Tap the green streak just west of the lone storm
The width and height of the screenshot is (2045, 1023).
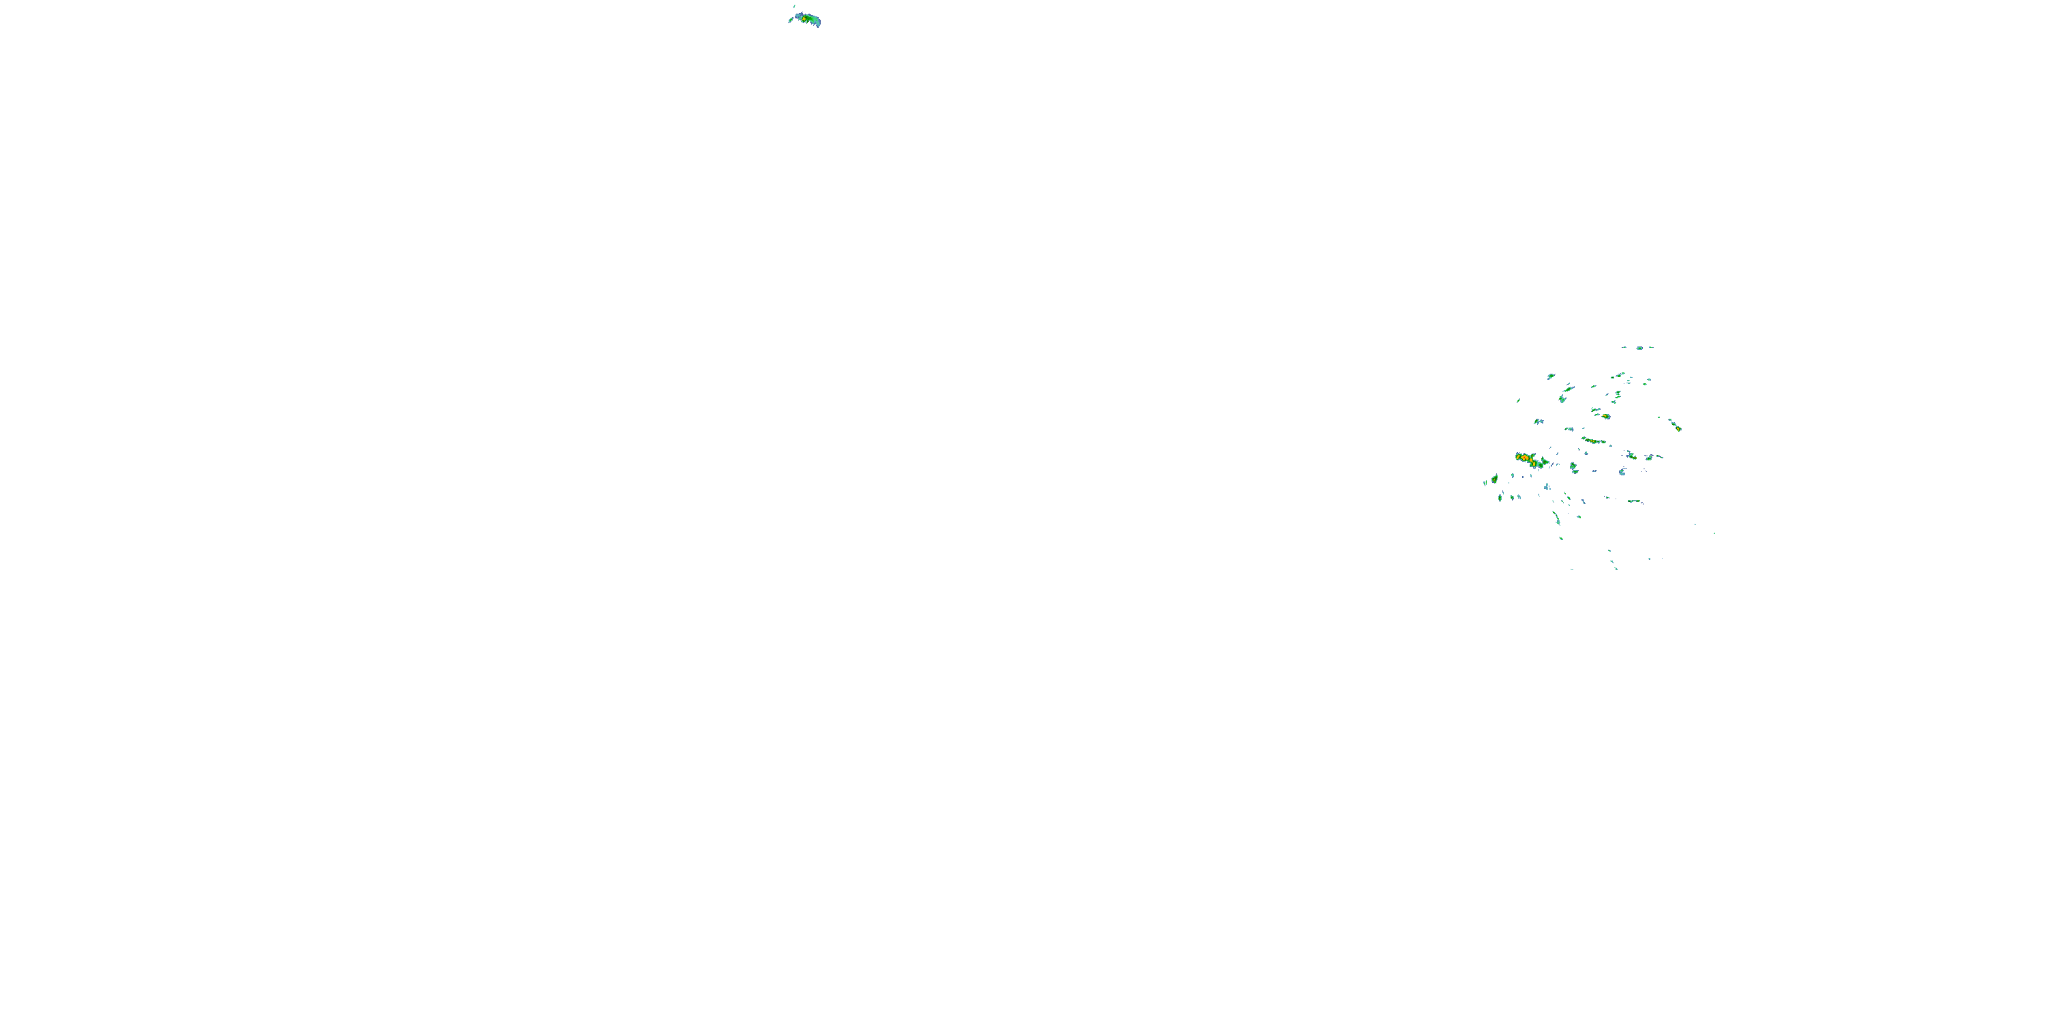tap(791, 20)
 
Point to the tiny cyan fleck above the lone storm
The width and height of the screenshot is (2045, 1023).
tap(795, 6)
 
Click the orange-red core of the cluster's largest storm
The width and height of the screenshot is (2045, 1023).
tap(1524, 458)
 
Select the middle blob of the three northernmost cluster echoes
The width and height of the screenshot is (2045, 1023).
tap(1639, 348)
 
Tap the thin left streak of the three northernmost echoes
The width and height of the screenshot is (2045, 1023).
tap(1624, 347)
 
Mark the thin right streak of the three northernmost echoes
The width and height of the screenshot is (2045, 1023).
tap(1651, 347)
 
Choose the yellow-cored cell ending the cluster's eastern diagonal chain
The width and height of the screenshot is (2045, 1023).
tap(1678, 428)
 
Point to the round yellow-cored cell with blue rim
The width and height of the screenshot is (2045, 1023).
tap(1606, 416)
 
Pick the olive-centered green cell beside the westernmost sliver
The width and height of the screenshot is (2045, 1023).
tap(1495, 479)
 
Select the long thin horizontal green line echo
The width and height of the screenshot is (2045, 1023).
tap(1634, 501)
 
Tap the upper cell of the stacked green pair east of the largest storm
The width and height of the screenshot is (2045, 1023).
tap(1573, 465)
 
